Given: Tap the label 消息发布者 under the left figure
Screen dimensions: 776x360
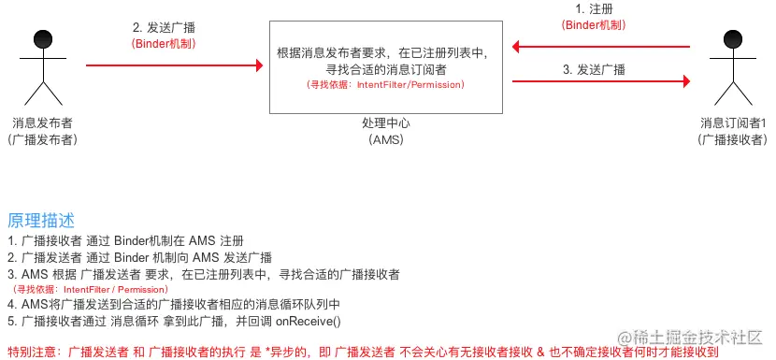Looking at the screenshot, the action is point(41,122).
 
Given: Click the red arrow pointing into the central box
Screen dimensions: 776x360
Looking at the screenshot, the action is point(174,65).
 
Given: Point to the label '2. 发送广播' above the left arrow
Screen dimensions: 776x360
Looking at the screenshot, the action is point(165,26).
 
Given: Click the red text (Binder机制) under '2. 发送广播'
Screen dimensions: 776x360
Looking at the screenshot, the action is point(165,43).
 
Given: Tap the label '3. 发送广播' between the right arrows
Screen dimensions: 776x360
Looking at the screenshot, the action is point(595,69).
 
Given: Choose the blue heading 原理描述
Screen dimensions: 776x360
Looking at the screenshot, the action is point(39,221).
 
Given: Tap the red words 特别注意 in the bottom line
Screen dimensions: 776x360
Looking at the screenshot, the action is point(33,351).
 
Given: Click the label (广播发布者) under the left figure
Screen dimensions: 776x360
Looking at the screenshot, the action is point(41,139).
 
